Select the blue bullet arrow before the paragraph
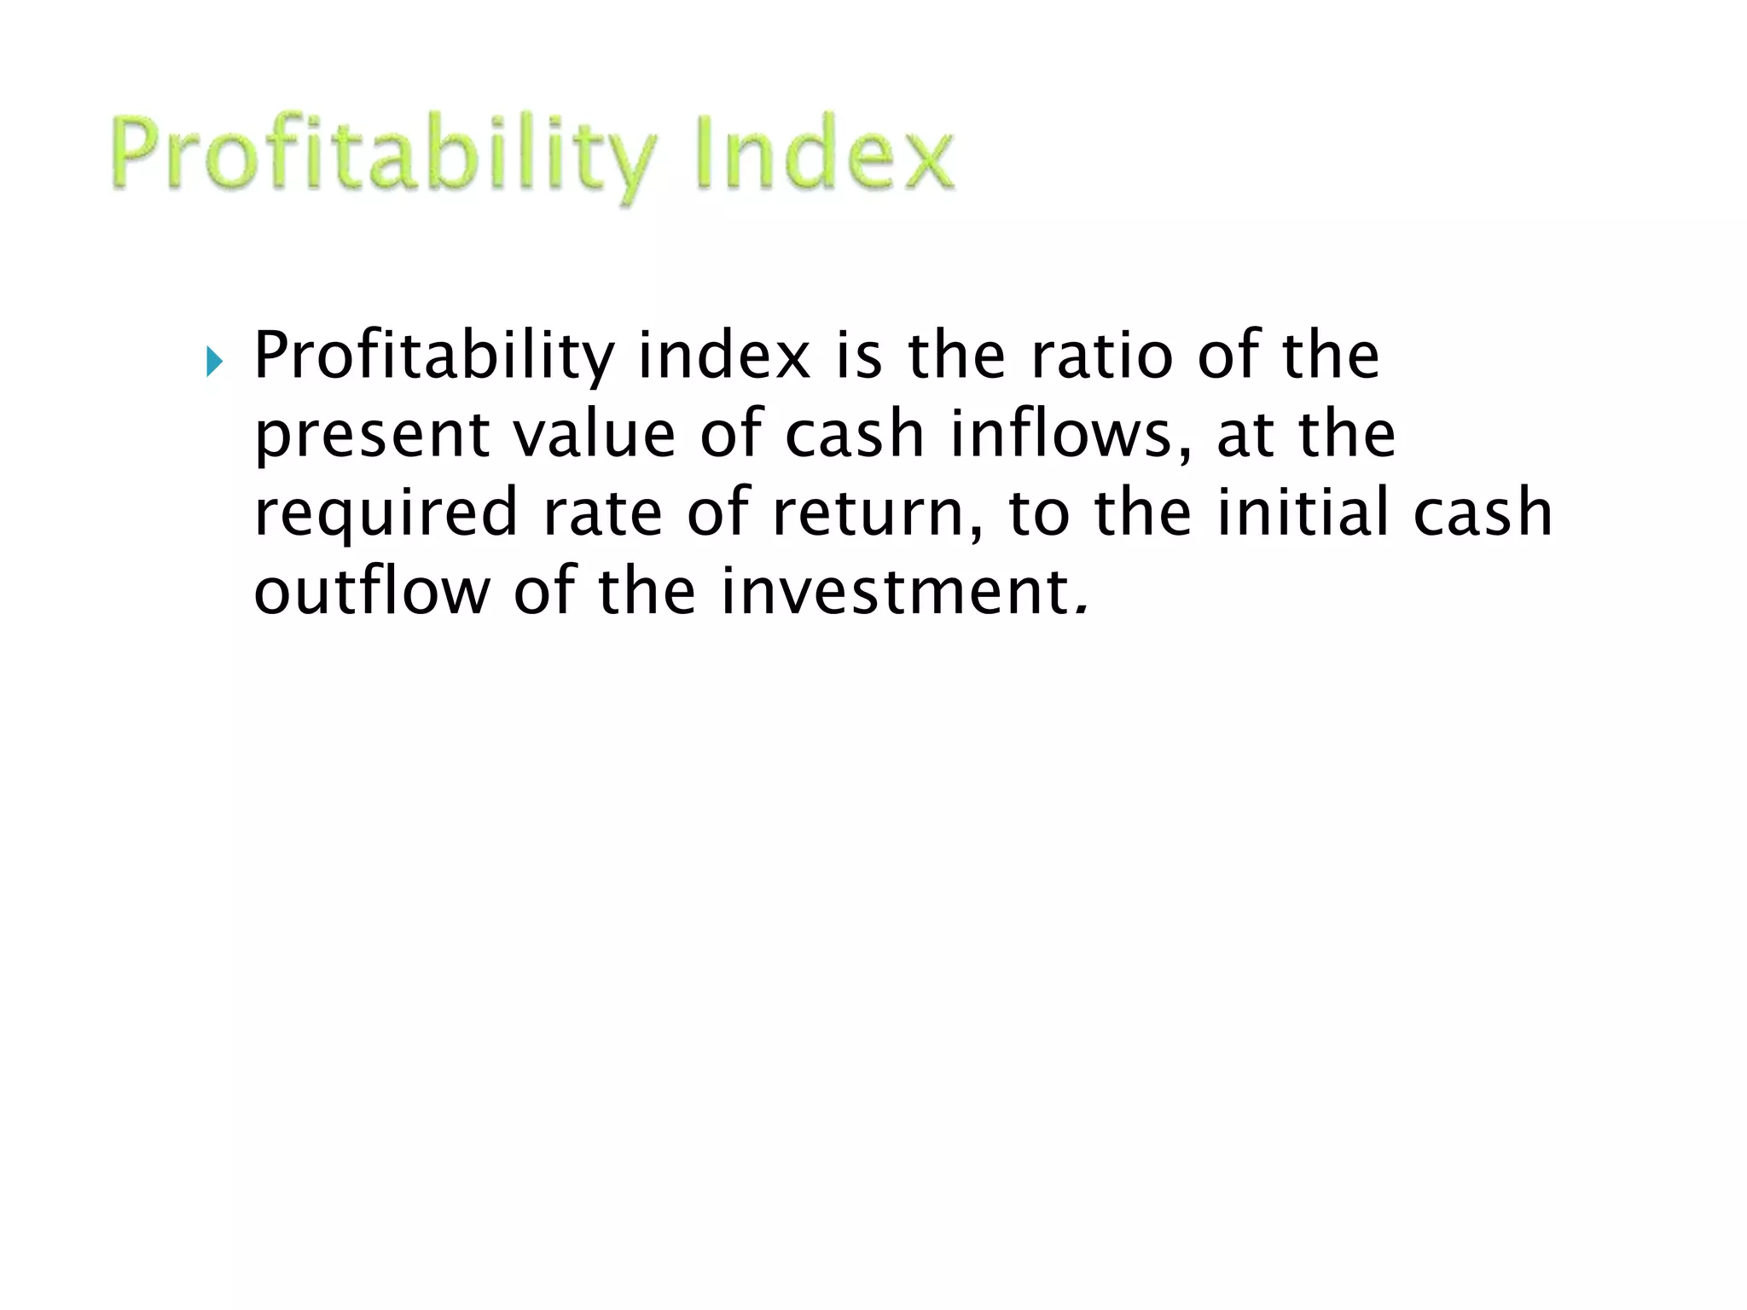(214, 362)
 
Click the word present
(372, 435)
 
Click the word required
(386, 513)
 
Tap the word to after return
(1038, 513)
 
